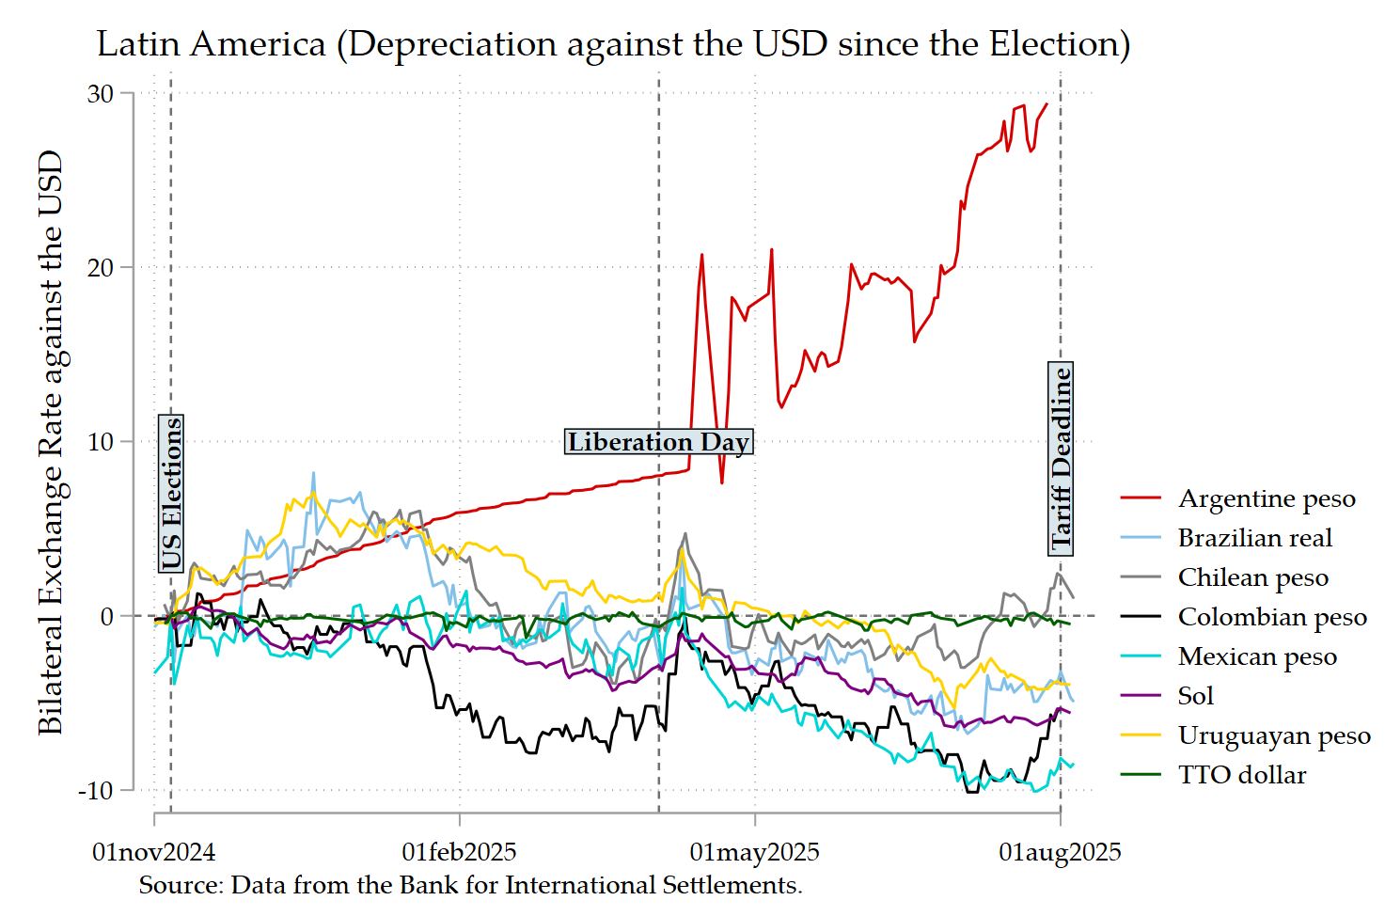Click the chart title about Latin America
(613, 44)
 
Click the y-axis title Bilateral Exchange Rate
(50, 442)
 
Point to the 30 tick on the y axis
(101, 94)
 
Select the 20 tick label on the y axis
(101, 268)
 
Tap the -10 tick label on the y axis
(96, 791)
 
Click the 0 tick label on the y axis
(107, 617)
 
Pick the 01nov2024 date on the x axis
(153, 852)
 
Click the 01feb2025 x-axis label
(459, 852)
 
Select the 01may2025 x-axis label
(754, 852)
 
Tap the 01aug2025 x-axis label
(1060, 852)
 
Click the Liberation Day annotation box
(658, 442)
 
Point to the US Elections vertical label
(171, 494)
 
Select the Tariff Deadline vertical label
(1062, 458)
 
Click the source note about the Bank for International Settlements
(470, 885)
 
